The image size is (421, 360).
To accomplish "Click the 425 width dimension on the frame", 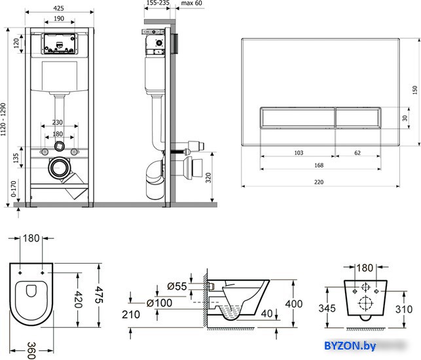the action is (58, 8).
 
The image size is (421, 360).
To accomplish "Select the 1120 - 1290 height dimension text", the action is (3, 119).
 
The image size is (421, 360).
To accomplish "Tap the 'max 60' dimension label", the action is (191, 3).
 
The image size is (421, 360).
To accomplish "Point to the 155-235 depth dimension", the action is (158, 3).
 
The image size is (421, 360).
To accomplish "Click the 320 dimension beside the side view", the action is (208, 178).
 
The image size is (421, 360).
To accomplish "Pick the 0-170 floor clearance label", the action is (14, 189).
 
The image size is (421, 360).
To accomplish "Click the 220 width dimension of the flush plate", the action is (319, 182).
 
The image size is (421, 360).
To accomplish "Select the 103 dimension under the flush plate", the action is (299, 153).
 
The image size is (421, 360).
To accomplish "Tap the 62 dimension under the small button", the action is (357, 153).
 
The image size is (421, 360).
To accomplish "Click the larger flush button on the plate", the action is (297, 118).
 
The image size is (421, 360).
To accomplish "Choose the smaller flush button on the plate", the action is (358, 118).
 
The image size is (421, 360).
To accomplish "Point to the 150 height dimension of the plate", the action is (415, 90).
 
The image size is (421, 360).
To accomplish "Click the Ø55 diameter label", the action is (177, 286).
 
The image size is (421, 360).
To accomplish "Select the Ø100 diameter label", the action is (159, 303).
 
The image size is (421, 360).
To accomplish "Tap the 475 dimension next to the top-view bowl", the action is (99, 295).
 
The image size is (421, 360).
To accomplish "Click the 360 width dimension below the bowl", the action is (31, 350).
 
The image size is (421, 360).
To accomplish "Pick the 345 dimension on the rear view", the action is (327, 308).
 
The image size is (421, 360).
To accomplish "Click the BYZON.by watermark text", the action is (350, 346).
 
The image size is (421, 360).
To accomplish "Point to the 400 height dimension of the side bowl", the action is (294, 304).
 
